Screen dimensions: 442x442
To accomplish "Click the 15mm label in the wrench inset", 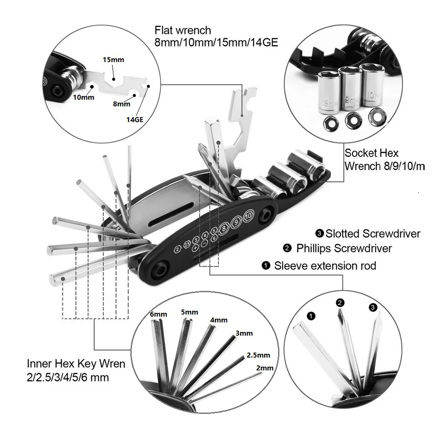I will (113, 60).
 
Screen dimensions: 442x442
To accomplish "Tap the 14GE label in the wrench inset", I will (134, 119).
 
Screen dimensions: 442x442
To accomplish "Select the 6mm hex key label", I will (158, 314).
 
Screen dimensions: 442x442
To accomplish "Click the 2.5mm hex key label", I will (258, 355).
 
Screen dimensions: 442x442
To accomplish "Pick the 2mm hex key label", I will (264, 368).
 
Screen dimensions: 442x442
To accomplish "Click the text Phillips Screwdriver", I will (344, 248).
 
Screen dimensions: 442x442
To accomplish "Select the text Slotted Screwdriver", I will (372, 234).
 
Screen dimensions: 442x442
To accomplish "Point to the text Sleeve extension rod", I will (325, 266).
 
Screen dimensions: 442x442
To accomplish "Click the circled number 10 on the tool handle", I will (249, 215).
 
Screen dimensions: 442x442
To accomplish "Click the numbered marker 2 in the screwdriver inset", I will (340, 303).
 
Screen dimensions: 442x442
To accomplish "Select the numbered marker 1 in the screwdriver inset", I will (311, 316).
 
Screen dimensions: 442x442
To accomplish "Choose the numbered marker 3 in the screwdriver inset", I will (373, 307).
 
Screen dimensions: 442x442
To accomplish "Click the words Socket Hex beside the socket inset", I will (371, 153).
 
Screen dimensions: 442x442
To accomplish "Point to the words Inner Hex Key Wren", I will (76, 364).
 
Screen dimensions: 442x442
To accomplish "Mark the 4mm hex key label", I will (219, 320).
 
